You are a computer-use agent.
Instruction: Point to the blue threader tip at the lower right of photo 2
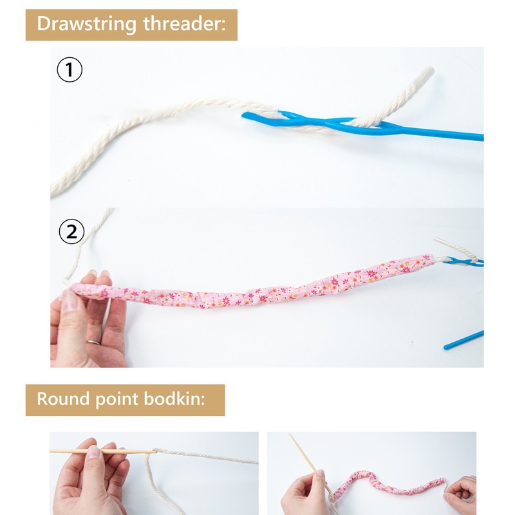coord(464,341)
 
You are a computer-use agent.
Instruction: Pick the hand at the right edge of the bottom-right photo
coord(462,493)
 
